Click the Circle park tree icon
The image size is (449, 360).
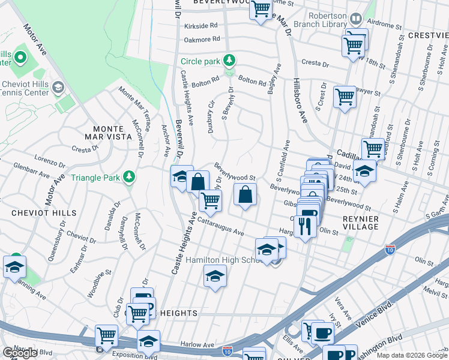(228, 61)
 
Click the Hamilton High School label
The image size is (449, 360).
(221, 260)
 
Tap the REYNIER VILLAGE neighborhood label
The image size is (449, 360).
(361, 222)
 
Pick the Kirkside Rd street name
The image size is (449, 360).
(200, 26)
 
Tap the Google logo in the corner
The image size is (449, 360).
(20, 353)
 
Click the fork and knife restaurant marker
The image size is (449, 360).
(306, 225)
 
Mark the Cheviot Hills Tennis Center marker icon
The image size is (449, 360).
(58, 88)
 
